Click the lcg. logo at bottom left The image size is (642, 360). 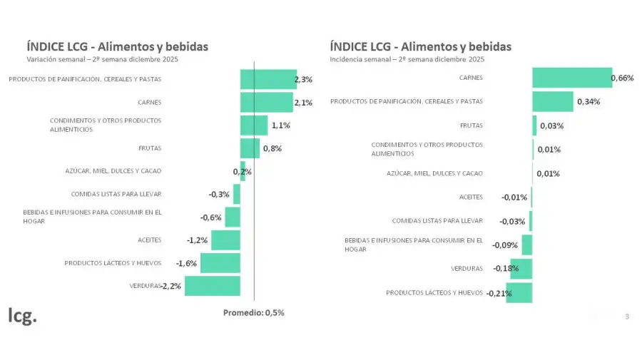coord(22,316)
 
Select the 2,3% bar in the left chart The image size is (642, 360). coord(267,79)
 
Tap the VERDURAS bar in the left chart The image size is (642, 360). coord(212,286)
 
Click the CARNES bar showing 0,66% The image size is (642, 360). coord(571,78)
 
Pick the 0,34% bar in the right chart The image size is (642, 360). coord(552,101)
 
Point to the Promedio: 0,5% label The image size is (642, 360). coord(253,312)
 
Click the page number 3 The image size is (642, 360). coord(627,316)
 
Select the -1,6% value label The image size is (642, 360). coord(186,263)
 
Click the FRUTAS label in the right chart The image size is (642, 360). coord(472,125)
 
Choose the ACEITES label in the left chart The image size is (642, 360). coord(149,240)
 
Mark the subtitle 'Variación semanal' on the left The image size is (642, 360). coord(102,59)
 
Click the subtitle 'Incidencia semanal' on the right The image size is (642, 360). coord(407,59)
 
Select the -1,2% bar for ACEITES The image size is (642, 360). coord(225,240)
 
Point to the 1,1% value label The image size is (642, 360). coord(280,125)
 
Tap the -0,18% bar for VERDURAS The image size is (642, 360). coord(521,269)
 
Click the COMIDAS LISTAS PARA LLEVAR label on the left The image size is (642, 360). coord(116,194)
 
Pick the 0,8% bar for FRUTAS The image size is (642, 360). coord(250,148)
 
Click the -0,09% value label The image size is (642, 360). coord(505,245)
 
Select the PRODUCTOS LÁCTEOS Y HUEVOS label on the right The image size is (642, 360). coord(434,292)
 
